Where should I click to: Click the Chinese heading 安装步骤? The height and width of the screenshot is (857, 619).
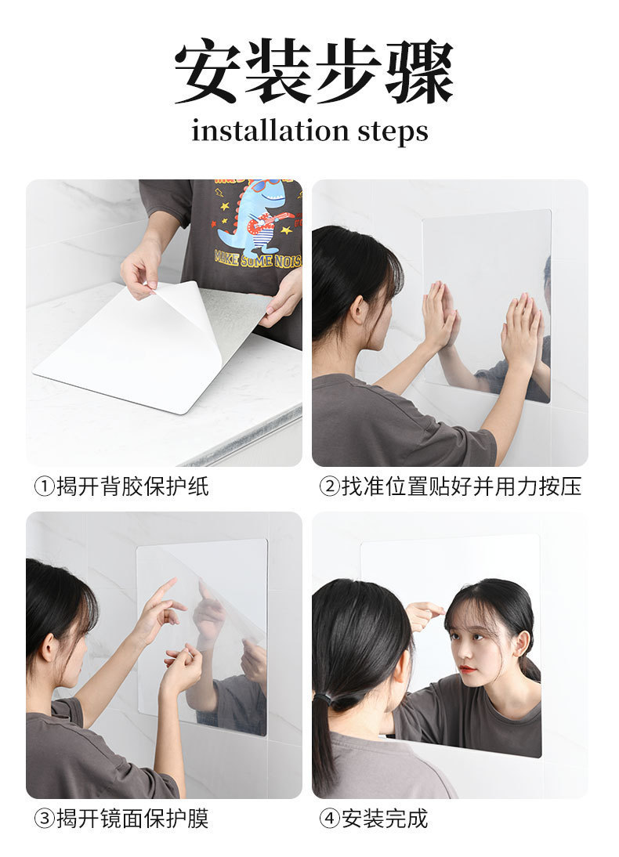(x=313, y=72)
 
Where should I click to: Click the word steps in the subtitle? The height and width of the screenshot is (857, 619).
(x=393, y=132)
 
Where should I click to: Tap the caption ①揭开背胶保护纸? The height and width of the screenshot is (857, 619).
(x=121, y=486)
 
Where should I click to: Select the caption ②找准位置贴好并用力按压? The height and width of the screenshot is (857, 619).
(x=450, y=486)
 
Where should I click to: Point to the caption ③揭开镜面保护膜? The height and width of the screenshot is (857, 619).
(x=121, y=819)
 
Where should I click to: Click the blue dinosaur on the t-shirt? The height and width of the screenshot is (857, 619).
(x=249, y=216)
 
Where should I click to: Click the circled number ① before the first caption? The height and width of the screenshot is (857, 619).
(x=44, y=486)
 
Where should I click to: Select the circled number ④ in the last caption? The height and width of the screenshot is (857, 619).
(x=330, y=819)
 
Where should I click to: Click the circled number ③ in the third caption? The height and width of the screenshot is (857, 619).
(x=44, y=819)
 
